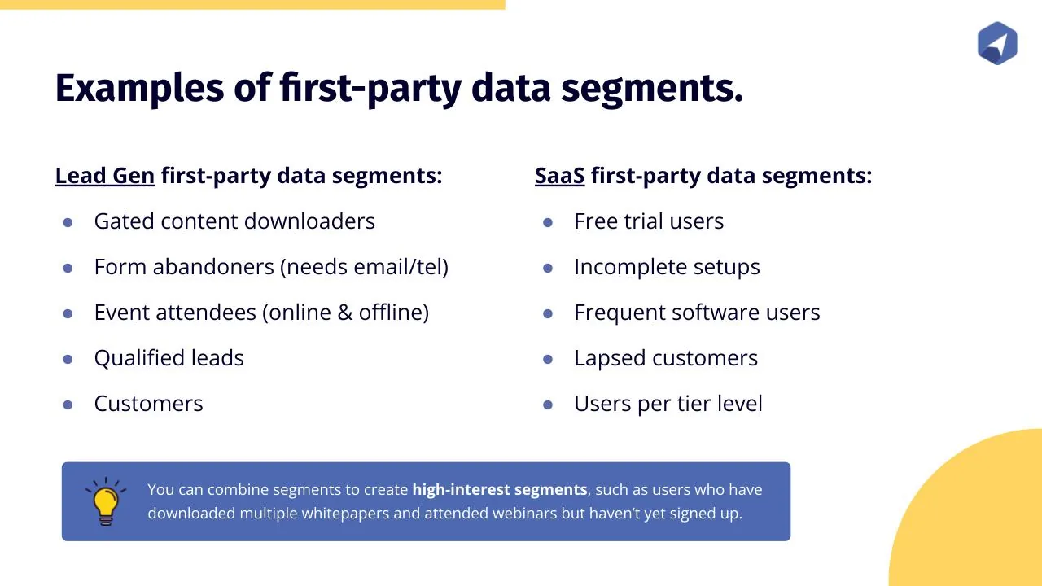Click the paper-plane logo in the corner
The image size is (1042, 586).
pos(997,43)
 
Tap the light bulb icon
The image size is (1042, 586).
pos(106,501)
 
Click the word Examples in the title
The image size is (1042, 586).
pos(139,89)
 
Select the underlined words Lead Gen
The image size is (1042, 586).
pos(105,176)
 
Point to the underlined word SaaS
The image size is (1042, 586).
pos(559,176)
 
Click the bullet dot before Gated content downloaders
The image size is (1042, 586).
pos(68,222)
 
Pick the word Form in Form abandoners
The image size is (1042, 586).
pos(120,266)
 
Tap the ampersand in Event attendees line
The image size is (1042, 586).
pos(344,312)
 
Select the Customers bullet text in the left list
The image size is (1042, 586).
pos(148,403)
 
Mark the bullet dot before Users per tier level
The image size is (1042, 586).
pos(548,405)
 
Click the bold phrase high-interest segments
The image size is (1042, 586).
pos(500,490)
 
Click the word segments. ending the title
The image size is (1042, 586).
pos(652,89)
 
